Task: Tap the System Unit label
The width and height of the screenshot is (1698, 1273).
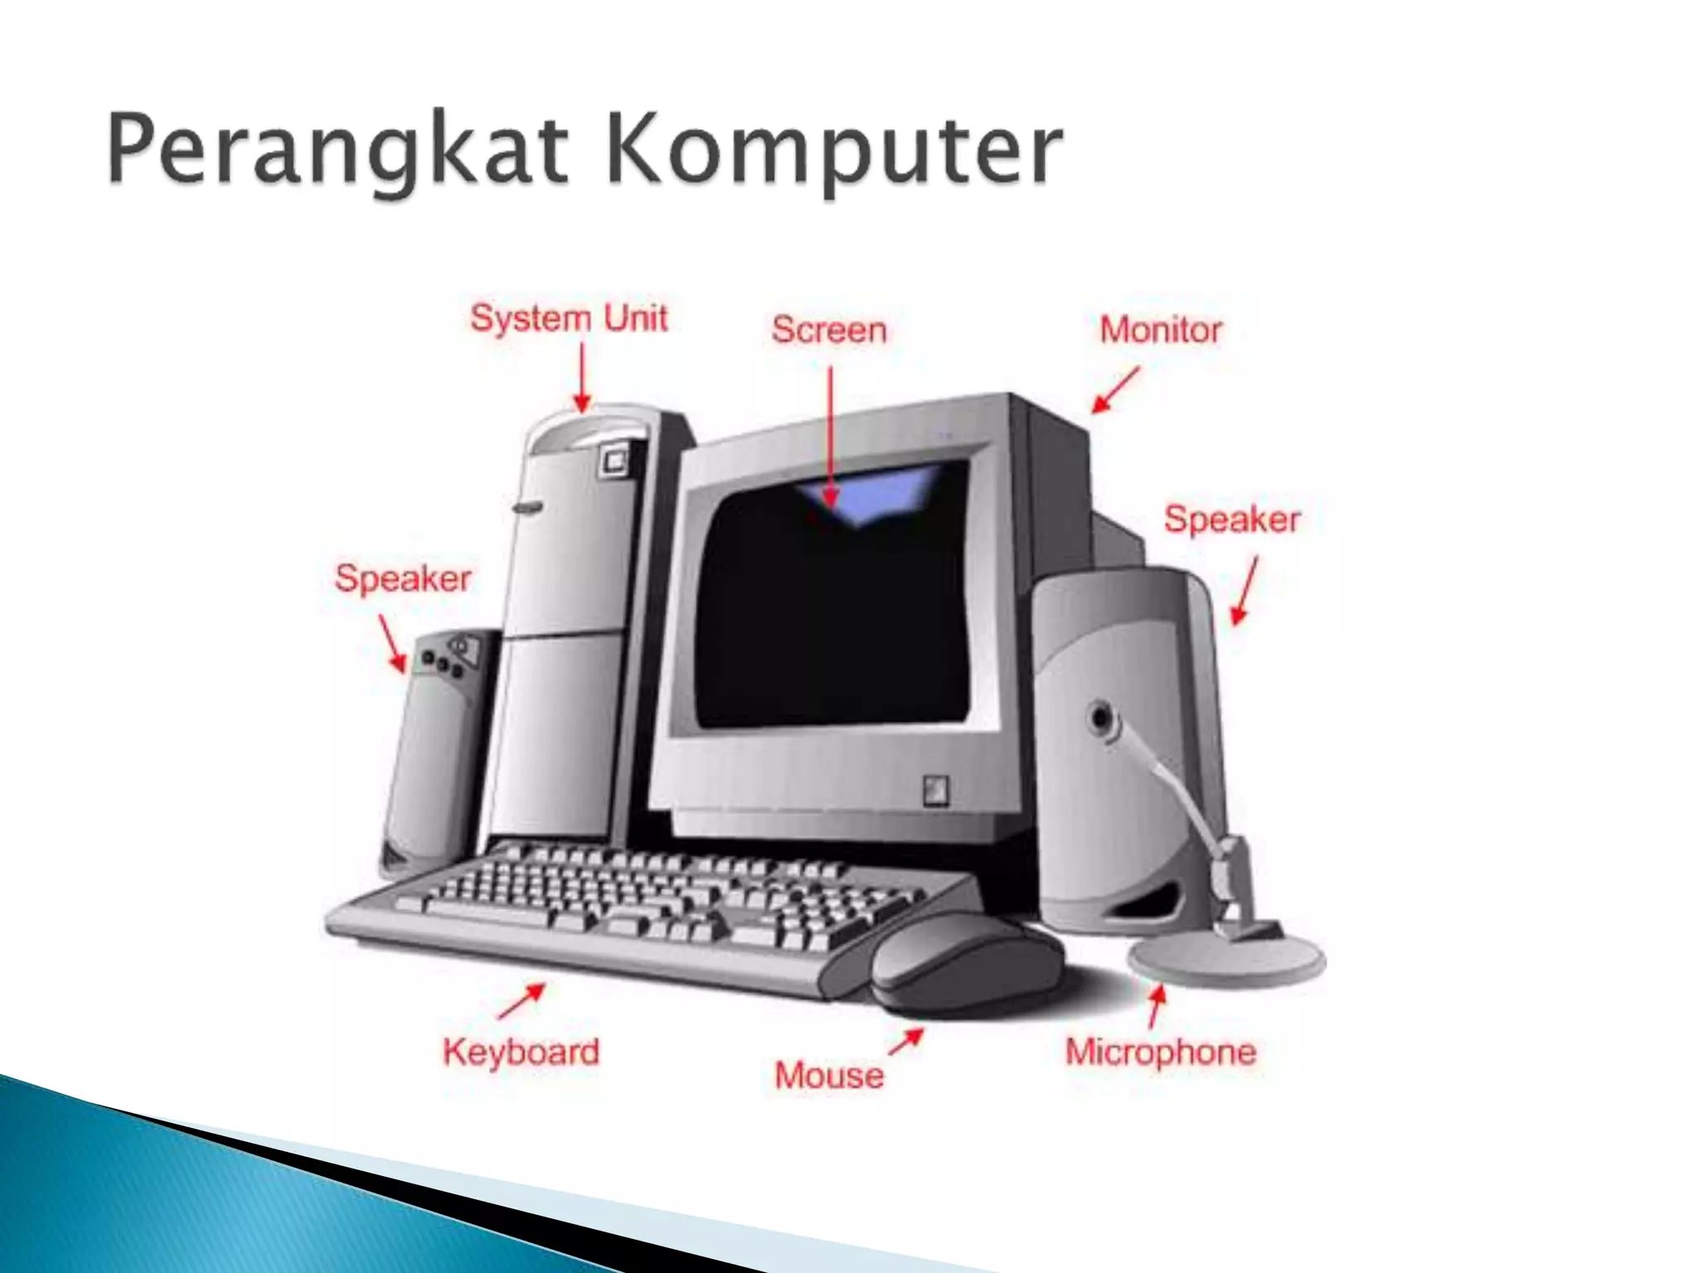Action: click(x=569, y=318)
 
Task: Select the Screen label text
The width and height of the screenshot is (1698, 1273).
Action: click(x=829, y=330)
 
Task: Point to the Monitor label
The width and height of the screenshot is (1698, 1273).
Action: click(x=1161, y=330)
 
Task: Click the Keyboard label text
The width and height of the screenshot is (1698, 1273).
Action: click(x=521, y=1052)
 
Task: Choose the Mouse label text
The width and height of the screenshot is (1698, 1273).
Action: click(x=829, y=1075)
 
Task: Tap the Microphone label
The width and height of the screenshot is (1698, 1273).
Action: click(x=1161, y=1052)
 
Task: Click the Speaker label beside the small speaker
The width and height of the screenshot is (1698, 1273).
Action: click(x=403, y=578)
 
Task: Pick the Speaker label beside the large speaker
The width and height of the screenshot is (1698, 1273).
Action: click(x=1232, y=519)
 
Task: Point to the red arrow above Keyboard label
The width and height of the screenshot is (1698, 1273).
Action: click(x=522, y=1000)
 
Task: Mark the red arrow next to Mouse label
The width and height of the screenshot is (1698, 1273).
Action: click(x=906, y=1042)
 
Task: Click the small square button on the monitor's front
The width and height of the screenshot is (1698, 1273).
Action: click(x=936, y=790)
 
